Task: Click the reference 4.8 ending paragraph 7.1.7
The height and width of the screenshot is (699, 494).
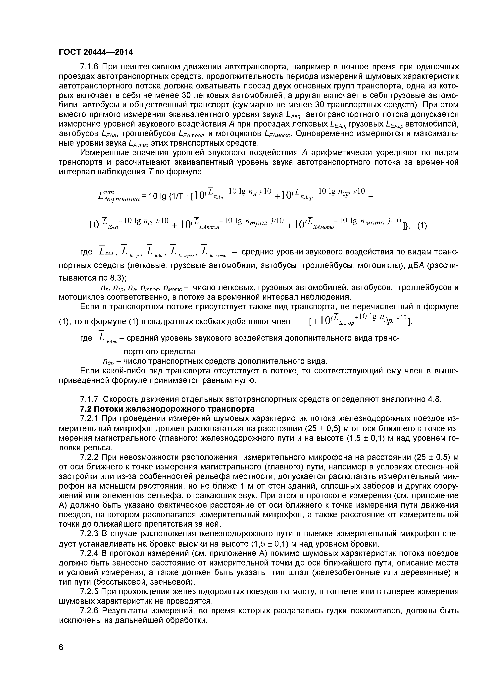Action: coord(434,399)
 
